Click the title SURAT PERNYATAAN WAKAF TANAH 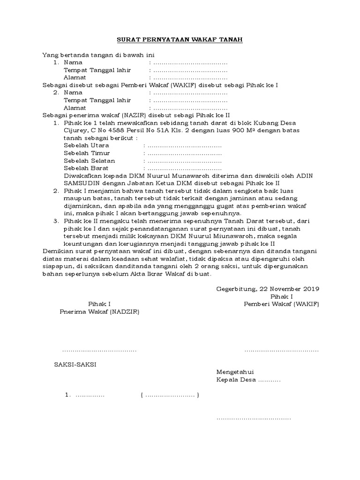pos(180,40)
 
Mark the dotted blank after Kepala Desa pos(270,380)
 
